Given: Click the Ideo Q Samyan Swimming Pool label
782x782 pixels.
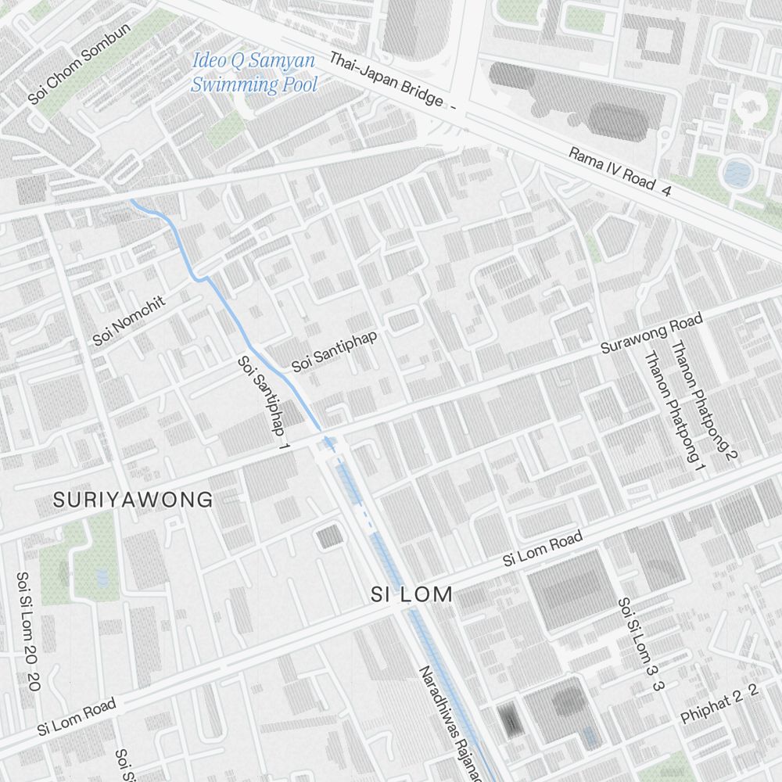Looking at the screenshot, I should (254, 72).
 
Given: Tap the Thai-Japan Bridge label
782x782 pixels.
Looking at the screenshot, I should (386, 80).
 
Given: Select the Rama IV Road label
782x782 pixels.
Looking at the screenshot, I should (612, 169).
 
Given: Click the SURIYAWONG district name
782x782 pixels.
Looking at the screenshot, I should (133, 500).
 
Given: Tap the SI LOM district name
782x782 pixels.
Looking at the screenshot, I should (411, 594).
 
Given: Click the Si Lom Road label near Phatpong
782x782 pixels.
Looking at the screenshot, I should (542, 548).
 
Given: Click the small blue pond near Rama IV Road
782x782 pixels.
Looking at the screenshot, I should (736, 174).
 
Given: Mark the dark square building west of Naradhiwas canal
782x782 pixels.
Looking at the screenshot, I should (329, 536).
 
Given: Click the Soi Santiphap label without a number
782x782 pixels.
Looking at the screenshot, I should (335, 350).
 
